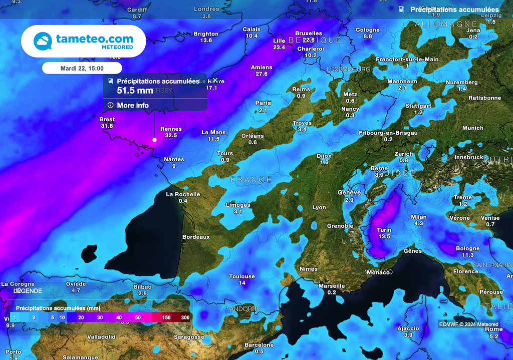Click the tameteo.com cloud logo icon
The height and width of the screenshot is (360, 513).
[43, 41]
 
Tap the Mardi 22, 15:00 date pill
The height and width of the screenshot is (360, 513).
[82, 68]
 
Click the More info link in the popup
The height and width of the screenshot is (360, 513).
[133, 105]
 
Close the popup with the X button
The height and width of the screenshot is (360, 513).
[215, 80]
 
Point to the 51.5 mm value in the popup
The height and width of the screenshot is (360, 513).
[135, 91]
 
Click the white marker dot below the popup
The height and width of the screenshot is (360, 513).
[154, 140]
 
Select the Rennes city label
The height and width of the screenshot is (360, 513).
[171, 129]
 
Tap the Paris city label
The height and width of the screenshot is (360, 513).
[263, 103]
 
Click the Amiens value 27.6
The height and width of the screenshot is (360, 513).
[262, 74]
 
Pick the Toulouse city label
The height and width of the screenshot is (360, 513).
[242, 276]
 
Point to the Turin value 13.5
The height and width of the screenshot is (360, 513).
[384, 236]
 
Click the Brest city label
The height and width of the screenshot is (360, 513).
[107, 120]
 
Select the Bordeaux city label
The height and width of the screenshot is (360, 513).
[196, 237]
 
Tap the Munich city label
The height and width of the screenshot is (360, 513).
[472, 128]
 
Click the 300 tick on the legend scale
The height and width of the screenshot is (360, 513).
[185, 317]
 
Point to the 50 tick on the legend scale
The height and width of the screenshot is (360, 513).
[137, 317]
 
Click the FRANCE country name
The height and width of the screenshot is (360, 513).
[251, 180]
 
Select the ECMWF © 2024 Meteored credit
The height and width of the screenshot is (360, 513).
[468, 324]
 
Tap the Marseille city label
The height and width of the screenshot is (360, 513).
[332, 286]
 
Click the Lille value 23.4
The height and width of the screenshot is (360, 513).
[279, 47]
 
